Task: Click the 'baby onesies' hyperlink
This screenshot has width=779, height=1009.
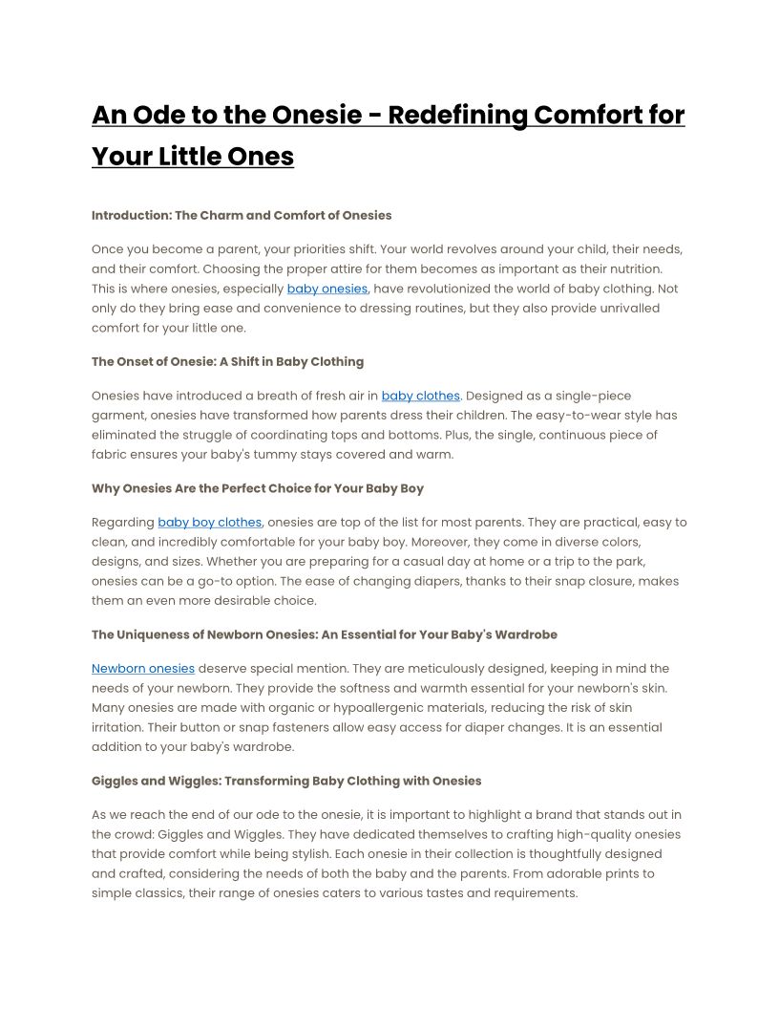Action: coord(326,289)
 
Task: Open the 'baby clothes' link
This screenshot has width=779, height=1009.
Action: coord(420,396)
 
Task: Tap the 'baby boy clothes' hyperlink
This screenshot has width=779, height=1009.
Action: coord(209,523)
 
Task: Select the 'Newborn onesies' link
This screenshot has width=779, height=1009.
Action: coord(143,669)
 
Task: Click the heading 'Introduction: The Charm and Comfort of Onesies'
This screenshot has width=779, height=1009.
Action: coord(242,215)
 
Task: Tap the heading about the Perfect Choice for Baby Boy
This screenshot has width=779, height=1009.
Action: coord(258,488)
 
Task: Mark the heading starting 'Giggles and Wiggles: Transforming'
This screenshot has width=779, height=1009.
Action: coord(286,781)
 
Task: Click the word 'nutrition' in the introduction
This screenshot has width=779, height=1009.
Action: coord(632,269)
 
